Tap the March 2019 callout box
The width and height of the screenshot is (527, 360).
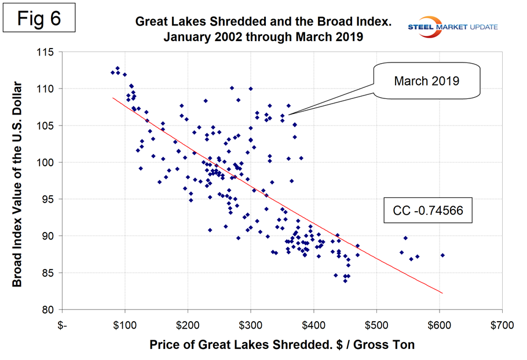pyautogui.click(x=426, y=81)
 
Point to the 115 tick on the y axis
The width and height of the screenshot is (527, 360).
pyautogui.click(x=45, y=52)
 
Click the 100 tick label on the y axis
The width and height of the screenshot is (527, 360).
pyautogui.click(x=45, y=163)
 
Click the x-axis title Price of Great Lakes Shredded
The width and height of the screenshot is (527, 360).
pyautogui.click(x=282, y=346)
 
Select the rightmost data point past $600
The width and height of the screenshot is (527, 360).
pyautogui.click(x=442, y=255)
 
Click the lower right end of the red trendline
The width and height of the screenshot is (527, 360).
pyautogui.click(x=442, y=293)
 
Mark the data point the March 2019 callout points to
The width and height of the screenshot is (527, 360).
pyautogui.click(x=288, y=105)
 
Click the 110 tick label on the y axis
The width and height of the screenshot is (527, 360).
pyautogui.click(x=45, y=89)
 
